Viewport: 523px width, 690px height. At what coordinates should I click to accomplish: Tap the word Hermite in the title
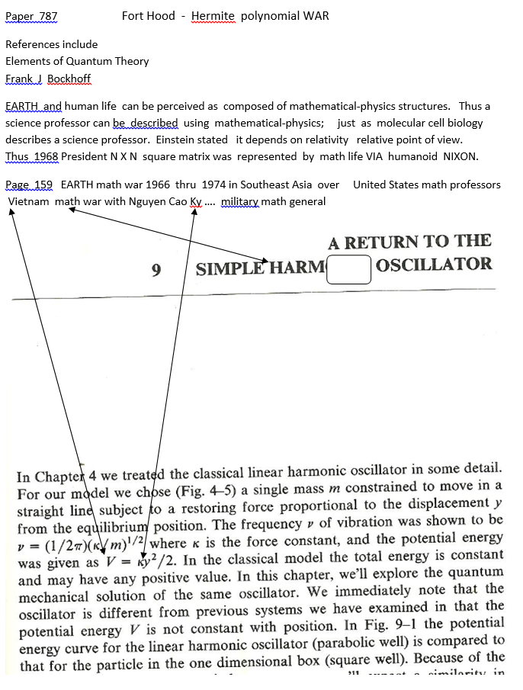[213, 15]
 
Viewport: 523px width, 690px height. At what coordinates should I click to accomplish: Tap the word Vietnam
[29, 201]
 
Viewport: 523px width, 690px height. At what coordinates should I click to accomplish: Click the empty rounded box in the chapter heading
[348, 269]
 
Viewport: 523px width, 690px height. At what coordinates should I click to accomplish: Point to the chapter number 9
[156, 269]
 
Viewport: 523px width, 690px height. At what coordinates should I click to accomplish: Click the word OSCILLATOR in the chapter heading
[434, 265]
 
